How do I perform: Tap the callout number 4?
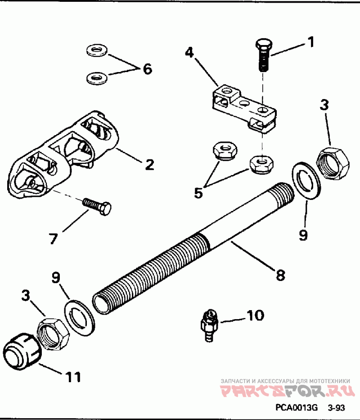[x=189, y=52]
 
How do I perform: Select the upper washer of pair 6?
[x=97, y=50]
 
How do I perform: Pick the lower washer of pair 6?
[x=97, y=78]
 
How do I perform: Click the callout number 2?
[x=149, y=164]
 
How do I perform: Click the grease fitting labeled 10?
[x=209, y=325]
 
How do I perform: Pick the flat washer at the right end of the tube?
[x=306, y=180]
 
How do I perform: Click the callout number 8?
[x=280, y=275]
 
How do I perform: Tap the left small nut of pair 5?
[x=225, y=152]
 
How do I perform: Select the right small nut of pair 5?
[x=261, y=164]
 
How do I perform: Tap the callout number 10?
[x=255, y=316]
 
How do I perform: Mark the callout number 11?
[x=73, y=377]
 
